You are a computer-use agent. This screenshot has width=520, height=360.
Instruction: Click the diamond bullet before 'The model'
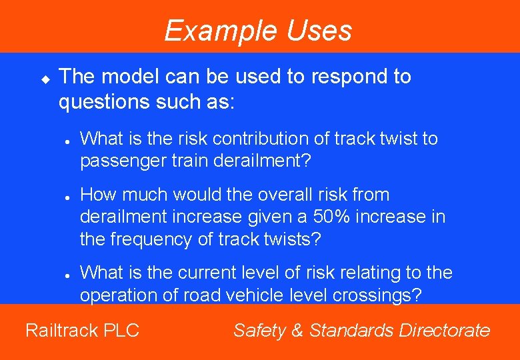pos(45,79)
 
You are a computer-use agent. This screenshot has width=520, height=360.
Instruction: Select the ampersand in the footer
pos(297,330)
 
